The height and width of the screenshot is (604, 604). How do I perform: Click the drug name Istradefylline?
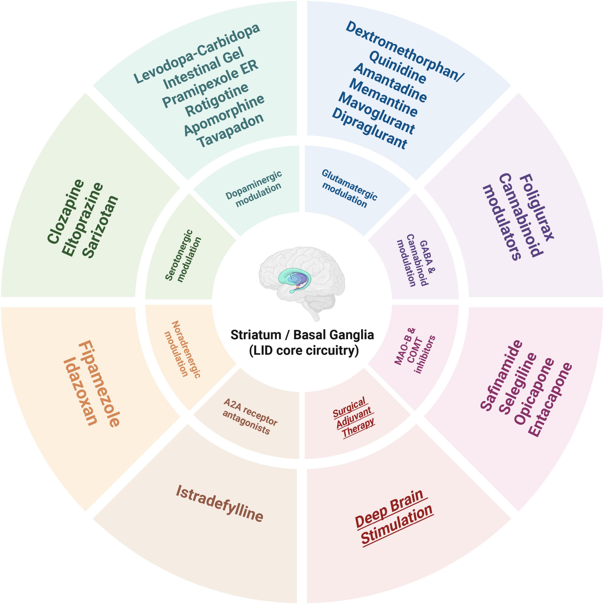(x=219, y=503)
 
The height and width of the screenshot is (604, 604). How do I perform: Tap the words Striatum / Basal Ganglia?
(x=302, y=335)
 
